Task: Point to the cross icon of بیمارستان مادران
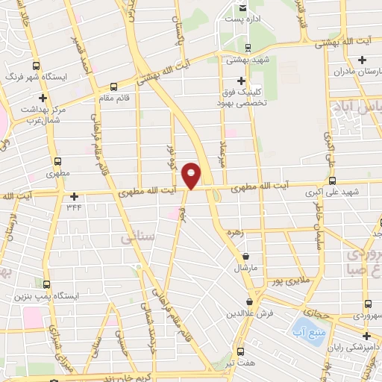coord(363,60)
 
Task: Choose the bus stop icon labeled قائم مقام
coord(113,86)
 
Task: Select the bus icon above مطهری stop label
coord(57,160)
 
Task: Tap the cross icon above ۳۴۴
coord(74,196)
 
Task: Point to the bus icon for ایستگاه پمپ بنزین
coord(46,284)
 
